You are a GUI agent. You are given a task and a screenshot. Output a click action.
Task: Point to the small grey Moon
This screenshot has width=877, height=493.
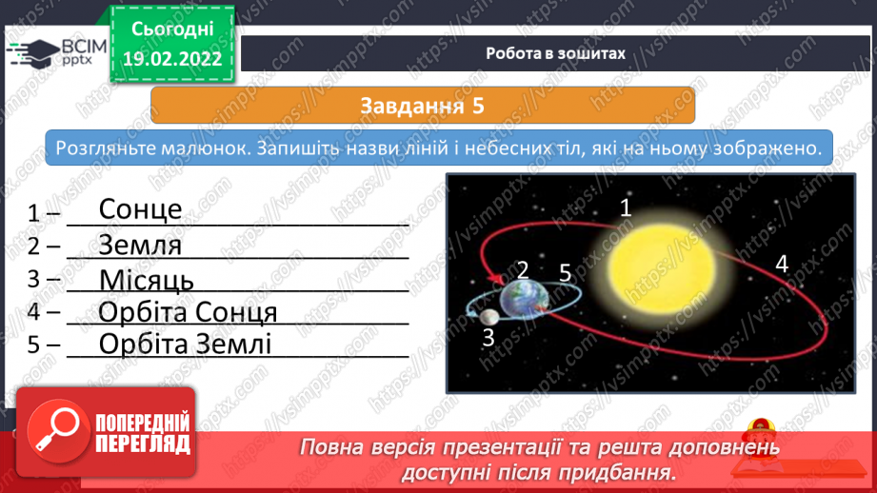point(488,317)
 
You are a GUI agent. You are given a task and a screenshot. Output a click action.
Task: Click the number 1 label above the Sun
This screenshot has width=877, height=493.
point(626,207)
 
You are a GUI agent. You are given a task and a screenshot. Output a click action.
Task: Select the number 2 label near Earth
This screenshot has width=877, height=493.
point(523,270)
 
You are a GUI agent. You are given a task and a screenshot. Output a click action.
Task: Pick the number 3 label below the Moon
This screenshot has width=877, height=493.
point(488,338)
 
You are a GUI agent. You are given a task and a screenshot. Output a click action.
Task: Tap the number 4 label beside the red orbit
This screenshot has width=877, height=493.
point(782,264)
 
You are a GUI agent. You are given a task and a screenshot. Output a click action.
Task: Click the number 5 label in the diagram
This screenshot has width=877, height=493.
point(565,273)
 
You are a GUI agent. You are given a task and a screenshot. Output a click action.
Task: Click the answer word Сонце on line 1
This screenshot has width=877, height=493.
point(140,209)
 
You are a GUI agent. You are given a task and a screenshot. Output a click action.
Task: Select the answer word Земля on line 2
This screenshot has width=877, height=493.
point(140,245)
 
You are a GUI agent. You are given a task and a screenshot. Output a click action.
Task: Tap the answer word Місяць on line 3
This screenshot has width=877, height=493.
point(147,280)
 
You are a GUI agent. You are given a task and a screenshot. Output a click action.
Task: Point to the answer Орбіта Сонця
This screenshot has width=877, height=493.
point(188,312)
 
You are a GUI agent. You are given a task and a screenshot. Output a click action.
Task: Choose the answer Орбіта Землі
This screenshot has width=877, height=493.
point(185,345)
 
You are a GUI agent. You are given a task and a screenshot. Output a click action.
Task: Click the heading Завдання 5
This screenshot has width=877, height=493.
point(422,106)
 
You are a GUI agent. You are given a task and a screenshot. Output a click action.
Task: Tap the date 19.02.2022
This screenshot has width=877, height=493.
point(172,59)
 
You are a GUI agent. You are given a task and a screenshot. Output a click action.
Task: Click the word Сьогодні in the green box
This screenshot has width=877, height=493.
point(172,30)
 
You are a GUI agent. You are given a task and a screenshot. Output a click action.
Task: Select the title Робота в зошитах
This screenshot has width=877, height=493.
point(555,53)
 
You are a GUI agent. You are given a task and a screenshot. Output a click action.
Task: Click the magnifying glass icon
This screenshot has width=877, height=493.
point(57,430)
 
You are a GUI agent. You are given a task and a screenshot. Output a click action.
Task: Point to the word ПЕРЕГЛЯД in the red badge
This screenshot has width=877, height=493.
point(143,444)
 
